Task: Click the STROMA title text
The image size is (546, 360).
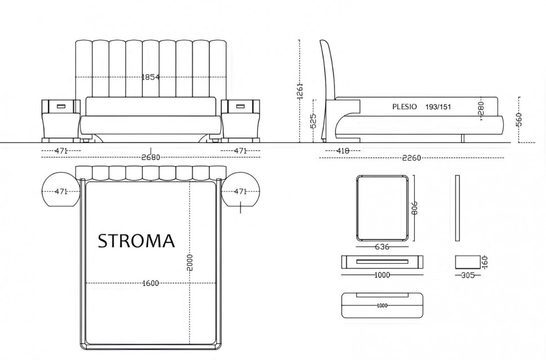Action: point(136,241)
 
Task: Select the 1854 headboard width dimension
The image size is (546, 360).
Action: point(150,77)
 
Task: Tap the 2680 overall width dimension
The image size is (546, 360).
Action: point(150,158)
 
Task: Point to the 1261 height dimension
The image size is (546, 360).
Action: point(300,91)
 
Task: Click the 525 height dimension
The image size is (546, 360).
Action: point(313,121)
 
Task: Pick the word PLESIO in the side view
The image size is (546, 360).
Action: point(404,106)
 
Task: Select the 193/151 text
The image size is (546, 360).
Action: point(438,107)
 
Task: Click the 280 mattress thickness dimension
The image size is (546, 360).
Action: point(482,109)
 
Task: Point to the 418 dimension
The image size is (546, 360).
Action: point(343,151)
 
